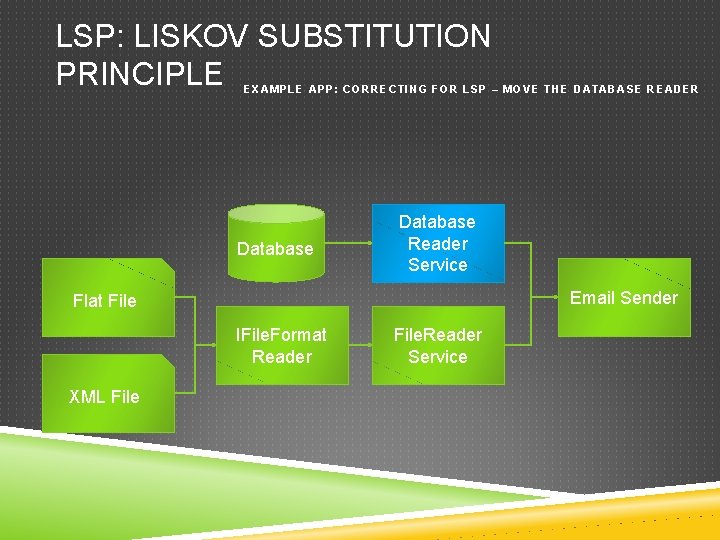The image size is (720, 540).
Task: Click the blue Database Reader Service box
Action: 438,243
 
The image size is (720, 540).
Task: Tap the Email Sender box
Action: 623,297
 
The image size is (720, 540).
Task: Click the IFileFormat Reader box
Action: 281,346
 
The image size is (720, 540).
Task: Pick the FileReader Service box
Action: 437,346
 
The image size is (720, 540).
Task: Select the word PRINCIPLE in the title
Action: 139,73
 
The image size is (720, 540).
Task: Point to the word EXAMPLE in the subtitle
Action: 272,89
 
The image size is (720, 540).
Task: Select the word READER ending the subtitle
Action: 673,89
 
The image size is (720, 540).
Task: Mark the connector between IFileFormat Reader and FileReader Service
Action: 360,346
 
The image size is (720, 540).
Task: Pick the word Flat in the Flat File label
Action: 88,300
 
